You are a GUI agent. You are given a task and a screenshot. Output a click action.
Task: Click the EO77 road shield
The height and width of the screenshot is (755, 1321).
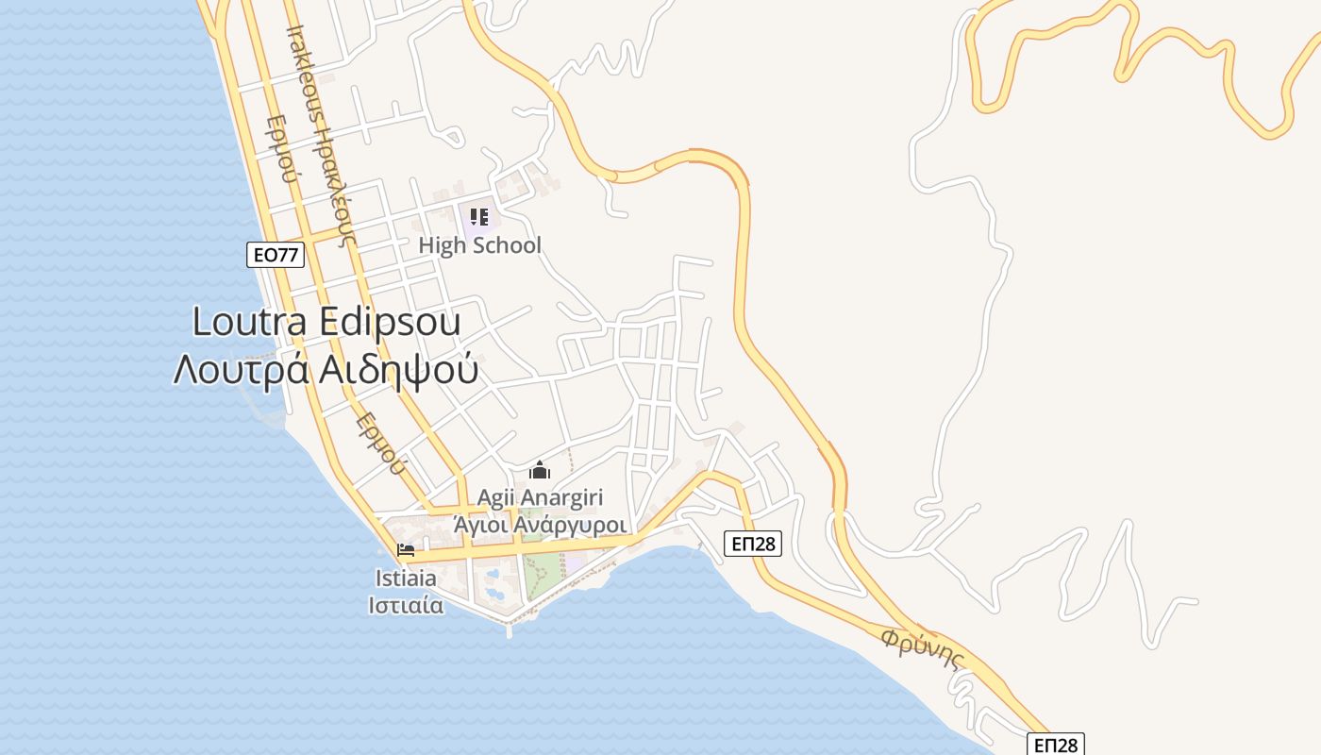(x=276, y=254)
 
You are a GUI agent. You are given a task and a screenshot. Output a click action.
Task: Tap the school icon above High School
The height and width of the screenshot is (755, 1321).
(x=478, y=217)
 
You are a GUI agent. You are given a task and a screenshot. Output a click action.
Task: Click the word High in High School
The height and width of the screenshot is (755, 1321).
(x=442, y=245)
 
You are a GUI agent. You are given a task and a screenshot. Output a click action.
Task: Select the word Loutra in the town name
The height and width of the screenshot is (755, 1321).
(x=249, y=322)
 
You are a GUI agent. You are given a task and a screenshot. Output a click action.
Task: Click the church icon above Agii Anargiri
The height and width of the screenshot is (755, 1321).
(x=540, y=469)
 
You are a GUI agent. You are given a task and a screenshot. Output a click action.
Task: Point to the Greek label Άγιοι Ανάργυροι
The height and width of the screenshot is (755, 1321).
(x=541, y=523)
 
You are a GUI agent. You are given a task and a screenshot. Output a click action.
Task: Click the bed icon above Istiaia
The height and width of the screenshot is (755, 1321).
(x=407, y=549)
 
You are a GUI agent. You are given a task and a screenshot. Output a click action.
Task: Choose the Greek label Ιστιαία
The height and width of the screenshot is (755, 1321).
(x=406, y=604)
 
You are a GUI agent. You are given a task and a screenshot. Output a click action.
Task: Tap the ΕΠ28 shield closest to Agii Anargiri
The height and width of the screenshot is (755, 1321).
(x=753, y=543)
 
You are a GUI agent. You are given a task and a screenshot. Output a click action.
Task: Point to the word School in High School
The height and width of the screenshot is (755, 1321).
(x=507, y=245)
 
